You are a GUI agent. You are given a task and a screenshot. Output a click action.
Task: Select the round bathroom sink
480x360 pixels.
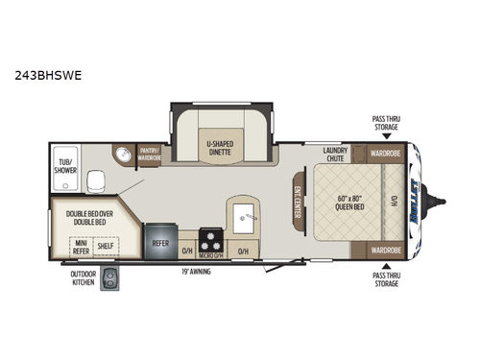121,156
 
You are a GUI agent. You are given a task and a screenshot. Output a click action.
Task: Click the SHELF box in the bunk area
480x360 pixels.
105,247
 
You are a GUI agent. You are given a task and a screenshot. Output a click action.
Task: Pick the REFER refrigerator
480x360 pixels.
160,243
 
